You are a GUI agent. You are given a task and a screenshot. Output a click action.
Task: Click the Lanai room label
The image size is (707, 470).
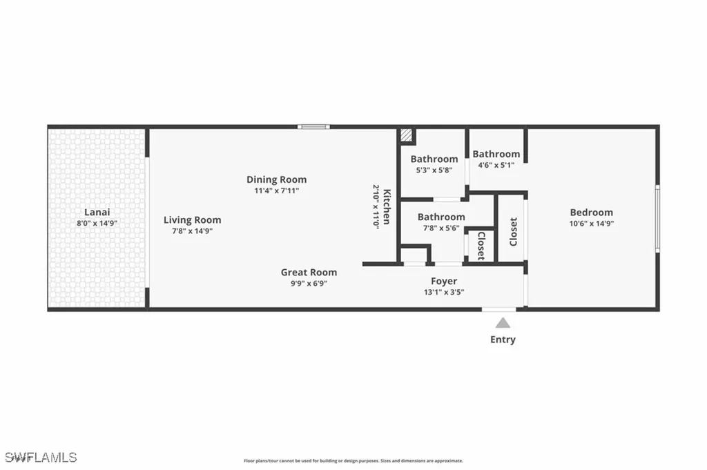[97, 213]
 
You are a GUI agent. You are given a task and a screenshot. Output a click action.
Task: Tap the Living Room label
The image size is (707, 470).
[192, 220]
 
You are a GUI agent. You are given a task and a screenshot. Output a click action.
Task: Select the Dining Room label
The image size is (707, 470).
[276, 179]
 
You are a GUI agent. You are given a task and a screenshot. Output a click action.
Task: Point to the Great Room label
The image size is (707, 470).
[309, 273]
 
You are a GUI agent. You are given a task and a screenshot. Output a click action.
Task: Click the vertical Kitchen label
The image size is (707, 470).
[387, 206]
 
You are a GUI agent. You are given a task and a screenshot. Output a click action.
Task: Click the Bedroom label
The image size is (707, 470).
[591, 213]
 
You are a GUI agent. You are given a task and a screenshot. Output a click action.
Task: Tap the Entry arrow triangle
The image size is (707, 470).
[503, 322]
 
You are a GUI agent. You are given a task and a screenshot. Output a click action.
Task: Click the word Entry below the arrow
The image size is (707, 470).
[503, 340]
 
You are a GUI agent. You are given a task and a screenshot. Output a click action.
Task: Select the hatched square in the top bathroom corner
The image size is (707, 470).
[407, 136]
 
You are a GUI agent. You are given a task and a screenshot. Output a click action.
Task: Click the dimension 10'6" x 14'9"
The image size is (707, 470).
[591, 223]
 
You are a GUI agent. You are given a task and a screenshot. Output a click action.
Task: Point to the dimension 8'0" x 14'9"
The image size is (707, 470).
[97, 223]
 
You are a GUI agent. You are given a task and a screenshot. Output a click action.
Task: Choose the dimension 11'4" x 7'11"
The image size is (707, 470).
[276, 190]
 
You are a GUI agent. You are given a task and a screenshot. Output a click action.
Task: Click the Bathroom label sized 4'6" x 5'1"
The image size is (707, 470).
[496, 154]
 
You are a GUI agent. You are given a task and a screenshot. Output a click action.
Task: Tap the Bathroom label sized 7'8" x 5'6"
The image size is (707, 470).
[441, 217]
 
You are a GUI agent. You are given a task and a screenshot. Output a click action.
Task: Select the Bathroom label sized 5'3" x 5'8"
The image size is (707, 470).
[434, 159]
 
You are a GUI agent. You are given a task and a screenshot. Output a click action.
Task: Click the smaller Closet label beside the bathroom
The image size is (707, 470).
[481, 246]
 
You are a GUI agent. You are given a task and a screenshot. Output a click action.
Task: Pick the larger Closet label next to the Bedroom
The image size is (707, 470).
[513, 232]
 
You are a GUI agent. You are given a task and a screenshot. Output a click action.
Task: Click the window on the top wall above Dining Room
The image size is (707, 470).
[313, 126]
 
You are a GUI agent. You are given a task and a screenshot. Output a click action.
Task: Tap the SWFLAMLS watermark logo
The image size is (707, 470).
[40, 457]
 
